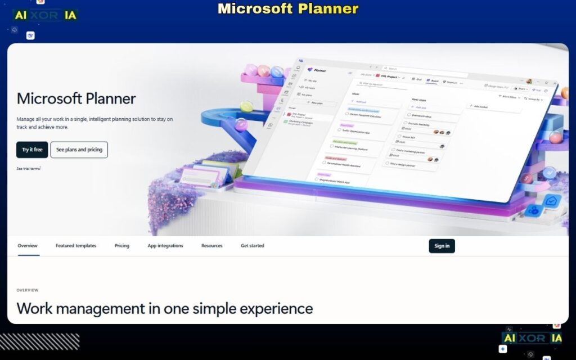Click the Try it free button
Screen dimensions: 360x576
(x=32, y=150)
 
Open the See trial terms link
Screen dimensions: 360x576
(x=28, y=168)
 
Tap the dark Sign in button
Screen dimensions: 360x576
(x=442, y=246)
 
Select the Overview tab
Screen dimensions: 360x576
(x=28, y=246)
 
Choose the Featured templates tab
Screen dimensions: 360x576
(x=76, y=246)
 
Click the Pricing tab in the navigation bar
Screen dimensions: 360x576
(x=121, y=246)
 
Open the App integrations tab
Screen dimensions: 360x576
(x=165, y=246)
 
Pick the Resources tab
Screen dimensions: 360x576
(x=212, y=246)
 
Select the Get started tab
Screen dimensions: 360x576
(x=253, y=246)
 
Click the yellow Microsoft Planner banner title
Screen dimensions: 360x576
(x=288, y=9)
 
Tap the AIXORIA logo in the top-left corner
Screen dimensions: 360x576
(x=46, y=16)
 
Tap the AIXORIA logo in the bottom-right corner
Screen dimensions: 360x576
(x=532, y=338)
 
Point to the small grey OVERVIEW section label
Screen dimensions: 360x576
(x=28, y=290)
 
